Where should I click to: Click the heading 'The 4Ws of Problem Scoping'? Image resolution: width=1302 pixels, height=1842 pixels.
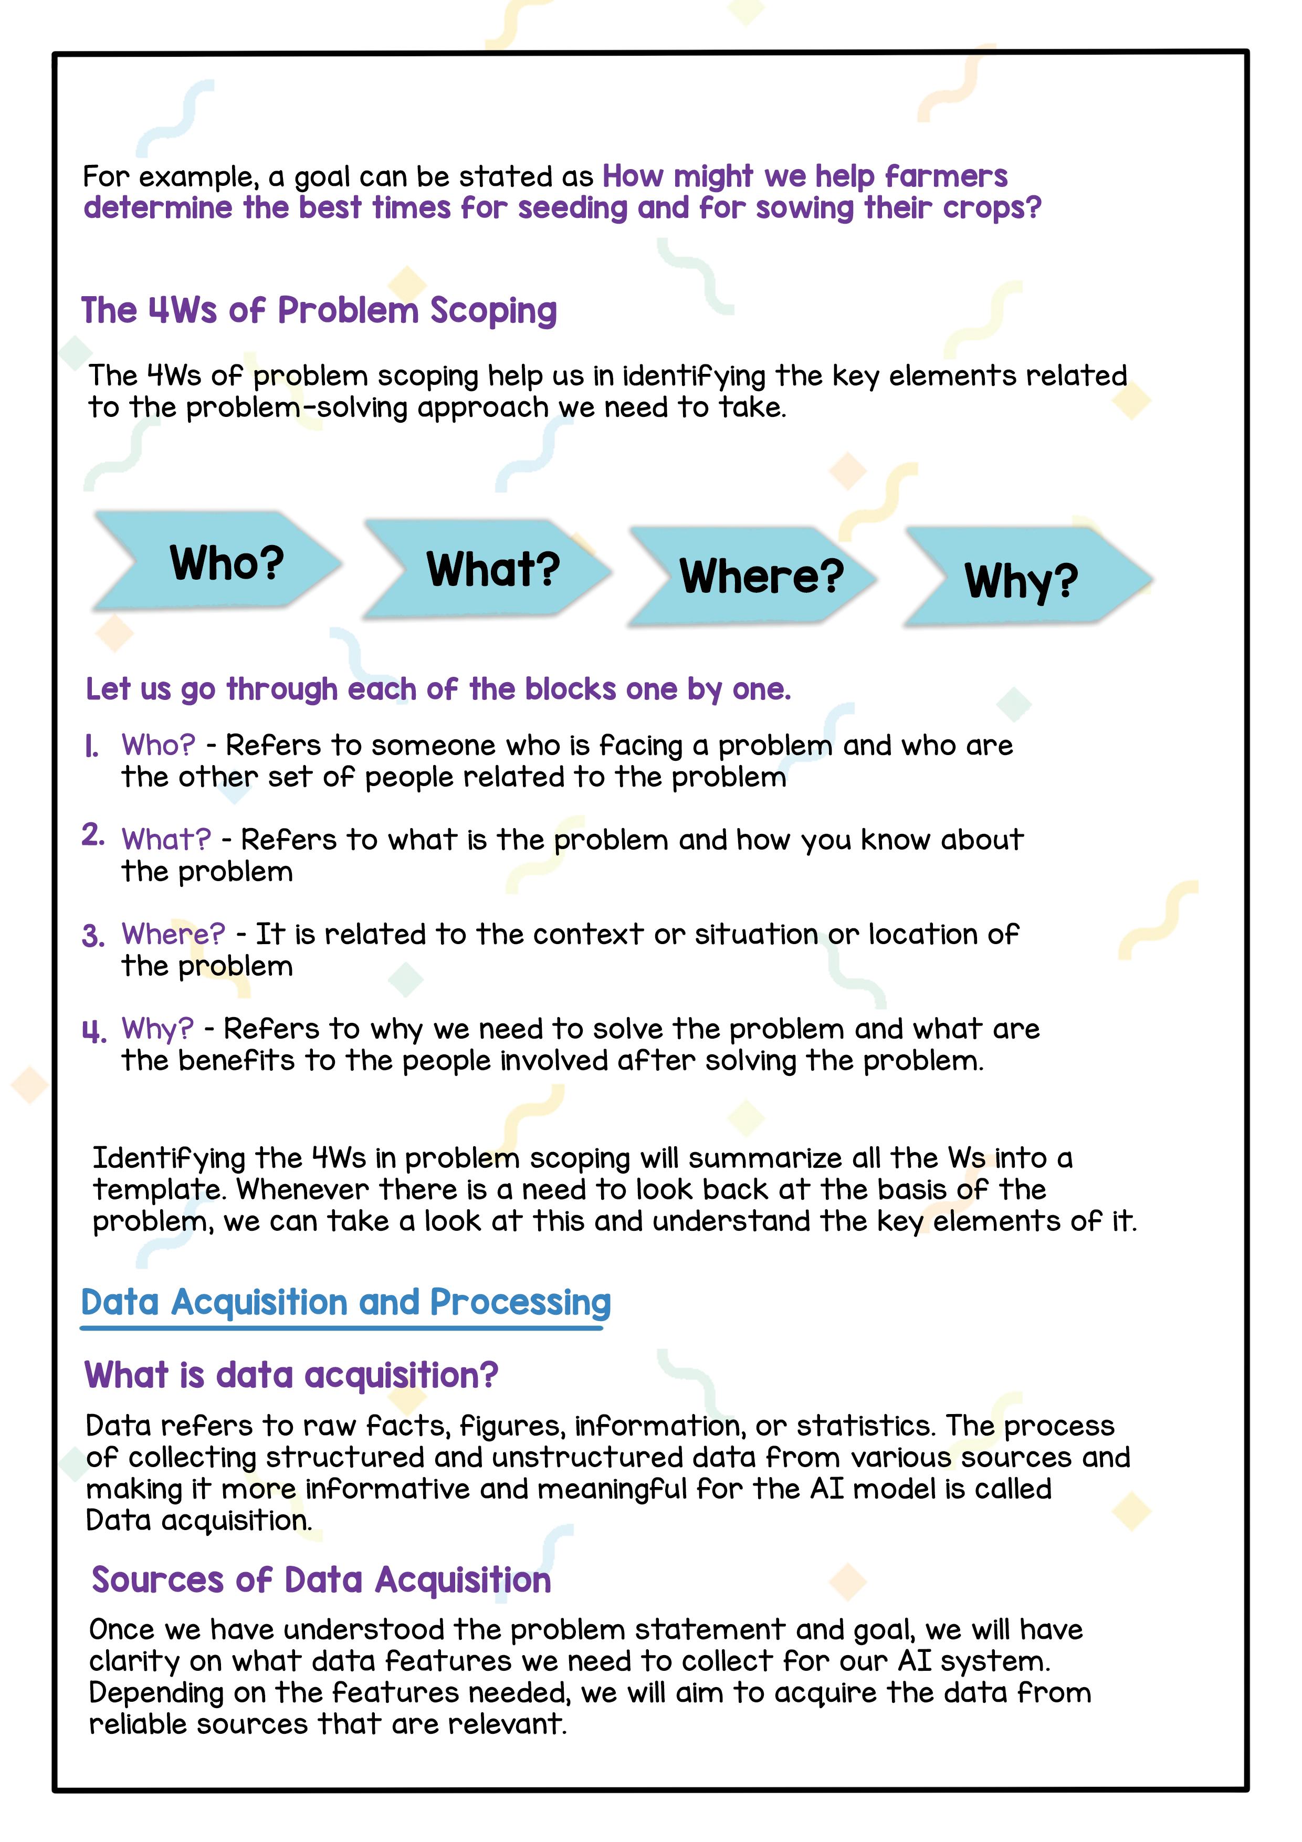[x=319, y=310]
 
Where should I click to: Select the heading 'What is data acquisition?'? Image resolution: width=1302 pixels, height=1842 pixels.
[x=291, y=1375]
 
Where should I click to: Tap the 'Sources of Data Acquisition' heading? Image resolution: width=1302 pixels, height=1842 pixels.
[x=321, y=1579]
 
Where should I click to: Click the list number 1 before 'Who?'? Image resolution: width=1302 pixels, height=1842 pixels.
[x=91, y=747]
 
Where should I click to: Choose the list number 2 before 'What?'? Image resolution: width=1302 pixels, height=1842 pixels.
[x=93, y=836]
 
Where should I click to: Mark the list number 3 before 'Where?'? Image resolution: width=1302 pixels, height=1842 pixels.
[x=93, y=936]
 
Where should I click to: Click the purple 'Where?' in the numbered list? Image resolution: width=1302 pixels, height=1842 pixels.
[x=173, y=934]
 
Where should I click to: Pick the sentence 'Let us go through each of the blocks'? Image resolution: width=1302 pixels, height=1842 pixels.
[x=438, y=689]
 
